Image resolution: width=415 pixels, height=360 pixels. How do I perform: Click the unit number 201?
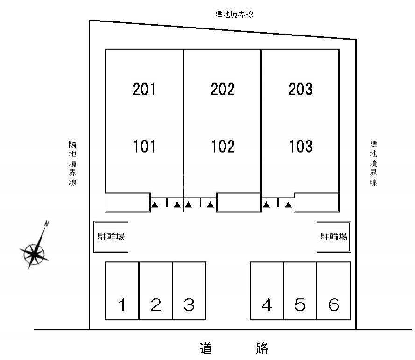coord(144,89)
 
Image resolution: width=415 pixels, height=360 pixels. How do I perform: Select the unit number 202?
coord(222,89)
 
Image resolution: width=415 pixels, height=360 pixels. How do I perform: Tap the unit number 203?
coord(300,89)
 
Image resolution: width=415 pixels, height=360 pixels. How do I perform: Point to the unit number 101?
coord(144,147)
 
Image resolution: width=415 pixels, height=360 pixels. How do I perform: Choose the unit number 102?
coord(222,147)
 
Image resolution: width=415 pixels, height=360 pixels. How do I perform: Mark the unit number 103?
coord(300,147)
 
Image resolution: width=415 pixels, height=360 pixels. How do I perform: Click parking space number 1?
coord(122,305)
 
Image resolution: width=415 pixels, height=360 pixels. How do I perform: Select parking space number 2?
coord(156,305)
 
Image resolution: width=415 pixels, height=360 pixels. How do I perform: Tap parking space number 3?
coord(189,305)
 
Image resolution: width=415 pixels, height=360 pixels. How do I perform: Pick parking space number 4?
coord(267,305)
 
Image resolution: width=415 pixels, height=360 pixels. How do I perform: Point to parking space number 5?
coord(300,305)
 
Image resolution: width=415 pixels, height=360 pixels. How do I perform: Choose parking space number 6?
coord(333,305)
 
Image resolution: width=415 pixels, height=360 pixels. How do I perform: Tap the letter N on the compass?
coord(46,224)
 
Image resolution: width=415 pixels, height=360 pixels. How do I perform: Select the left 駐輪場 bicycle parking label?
coord(111,237)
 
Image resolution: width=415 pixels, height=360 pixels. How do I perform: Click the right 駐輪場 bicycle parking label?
coord(334,237)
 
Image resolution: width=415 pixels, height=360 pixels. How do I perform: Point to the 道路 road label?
coord(234,348)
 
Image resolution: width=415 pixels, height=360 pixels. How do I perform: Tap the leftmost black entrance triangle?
coord(155,204)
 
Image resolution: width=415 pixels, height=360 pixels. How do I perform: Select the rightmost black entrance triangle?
coord(288,204)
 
